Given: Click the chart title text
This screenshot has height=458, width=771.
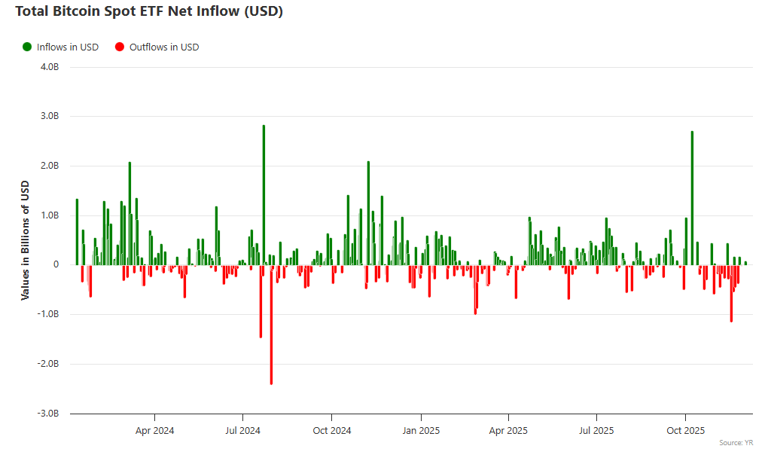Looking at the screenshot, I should [149, 12].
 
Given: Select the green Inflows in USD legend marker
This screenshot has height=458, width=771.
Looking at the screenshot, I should [27, 47].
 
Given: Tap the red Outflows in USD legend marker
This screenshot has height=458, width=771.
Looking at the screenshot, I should [119, 47].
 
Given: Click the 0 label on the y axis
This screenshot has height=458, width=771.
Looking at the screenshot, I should [56, 265].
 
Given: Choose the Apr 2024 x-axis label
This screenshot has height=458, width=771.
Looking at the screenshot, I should [154, 431].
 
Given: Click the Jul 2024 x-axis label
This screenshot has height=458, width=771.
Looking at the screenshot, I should [242, 431].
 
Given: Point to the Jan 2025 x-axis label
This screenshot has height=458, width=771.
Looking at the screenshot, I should [420, 431].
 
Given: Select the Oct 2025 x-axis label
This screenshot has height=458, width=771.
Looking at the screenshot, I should [685, 431].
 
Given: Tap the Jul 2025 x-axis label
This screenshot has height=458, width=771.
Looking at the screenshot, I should [597, 431].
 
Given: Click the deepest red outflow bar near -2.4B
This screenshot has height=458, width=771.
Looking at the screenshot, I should [271, 324].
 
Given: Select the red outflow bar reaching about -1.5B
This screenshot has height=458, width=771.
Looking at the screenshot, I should [261, 301].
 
